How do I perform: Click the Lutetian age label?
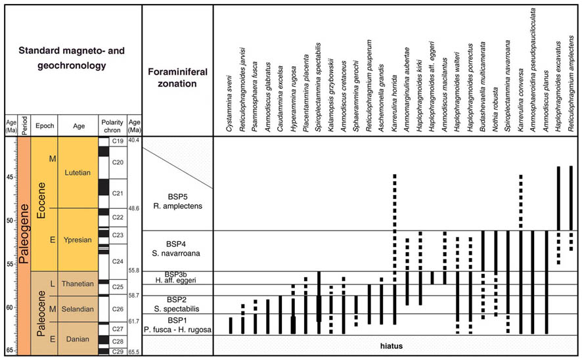click(78, 172)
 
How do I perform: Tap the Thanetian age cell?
click(78, 284)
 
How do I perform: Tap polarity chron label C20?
click(119, 162)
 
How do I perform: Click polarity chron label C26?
click(119, 308)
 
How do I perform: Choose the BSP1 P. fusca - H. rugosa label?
click(176, 324)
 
